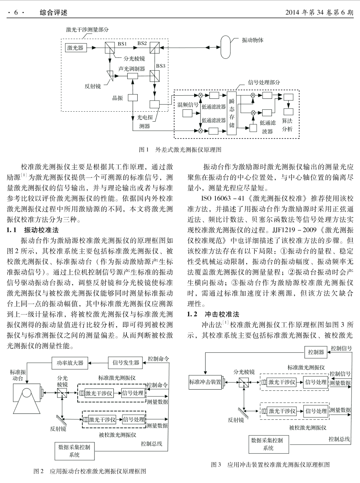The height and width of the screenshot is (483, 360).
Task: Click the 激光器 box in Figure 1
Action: click(76, 48)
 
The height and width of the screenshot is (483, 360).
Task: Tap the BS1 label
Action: click(122, 44)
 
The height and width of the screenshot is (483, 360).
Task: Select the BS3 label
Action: click(161, 66)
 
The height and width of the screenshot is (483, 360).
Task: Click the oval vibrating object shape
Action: click(225, 47)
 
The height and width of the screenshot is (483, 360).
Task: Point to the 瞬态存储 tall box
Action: click(232, 113)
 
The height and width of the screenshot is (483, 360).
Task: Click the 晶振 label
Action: click(118, 98)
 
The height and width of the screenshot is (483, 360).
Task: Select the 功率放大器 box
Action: click(70, 363)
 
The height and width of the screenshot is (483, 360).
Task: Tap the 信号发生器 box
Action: click(125, 363)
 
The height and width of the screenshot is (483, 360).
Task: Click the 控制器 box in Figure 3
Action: click(316, 352)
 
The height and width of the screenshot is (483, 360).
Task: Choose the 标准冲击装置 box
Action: click(205, 382)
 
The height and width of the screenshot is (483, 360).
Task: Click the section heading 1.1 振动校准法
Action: click(33, 230)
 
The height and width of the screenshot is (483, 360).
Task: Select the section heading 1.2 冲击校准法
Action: click(213, 314)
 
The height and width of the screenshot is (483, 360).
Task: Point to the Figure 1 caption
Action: click(180, 150)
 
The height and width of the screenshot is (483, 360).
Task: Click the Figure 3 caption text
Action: click(270, 464)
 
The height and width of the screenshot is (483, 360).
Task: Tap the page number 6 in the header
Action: click(16, 13)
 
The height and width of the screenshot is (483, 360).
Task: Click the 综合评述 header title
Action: click(54, 13)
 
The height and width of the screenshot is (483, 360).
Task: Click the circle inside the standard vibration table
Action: click(26, 393)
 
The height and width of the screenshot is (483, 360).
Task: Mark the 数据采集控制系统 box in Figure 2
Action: click(74, 451)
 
